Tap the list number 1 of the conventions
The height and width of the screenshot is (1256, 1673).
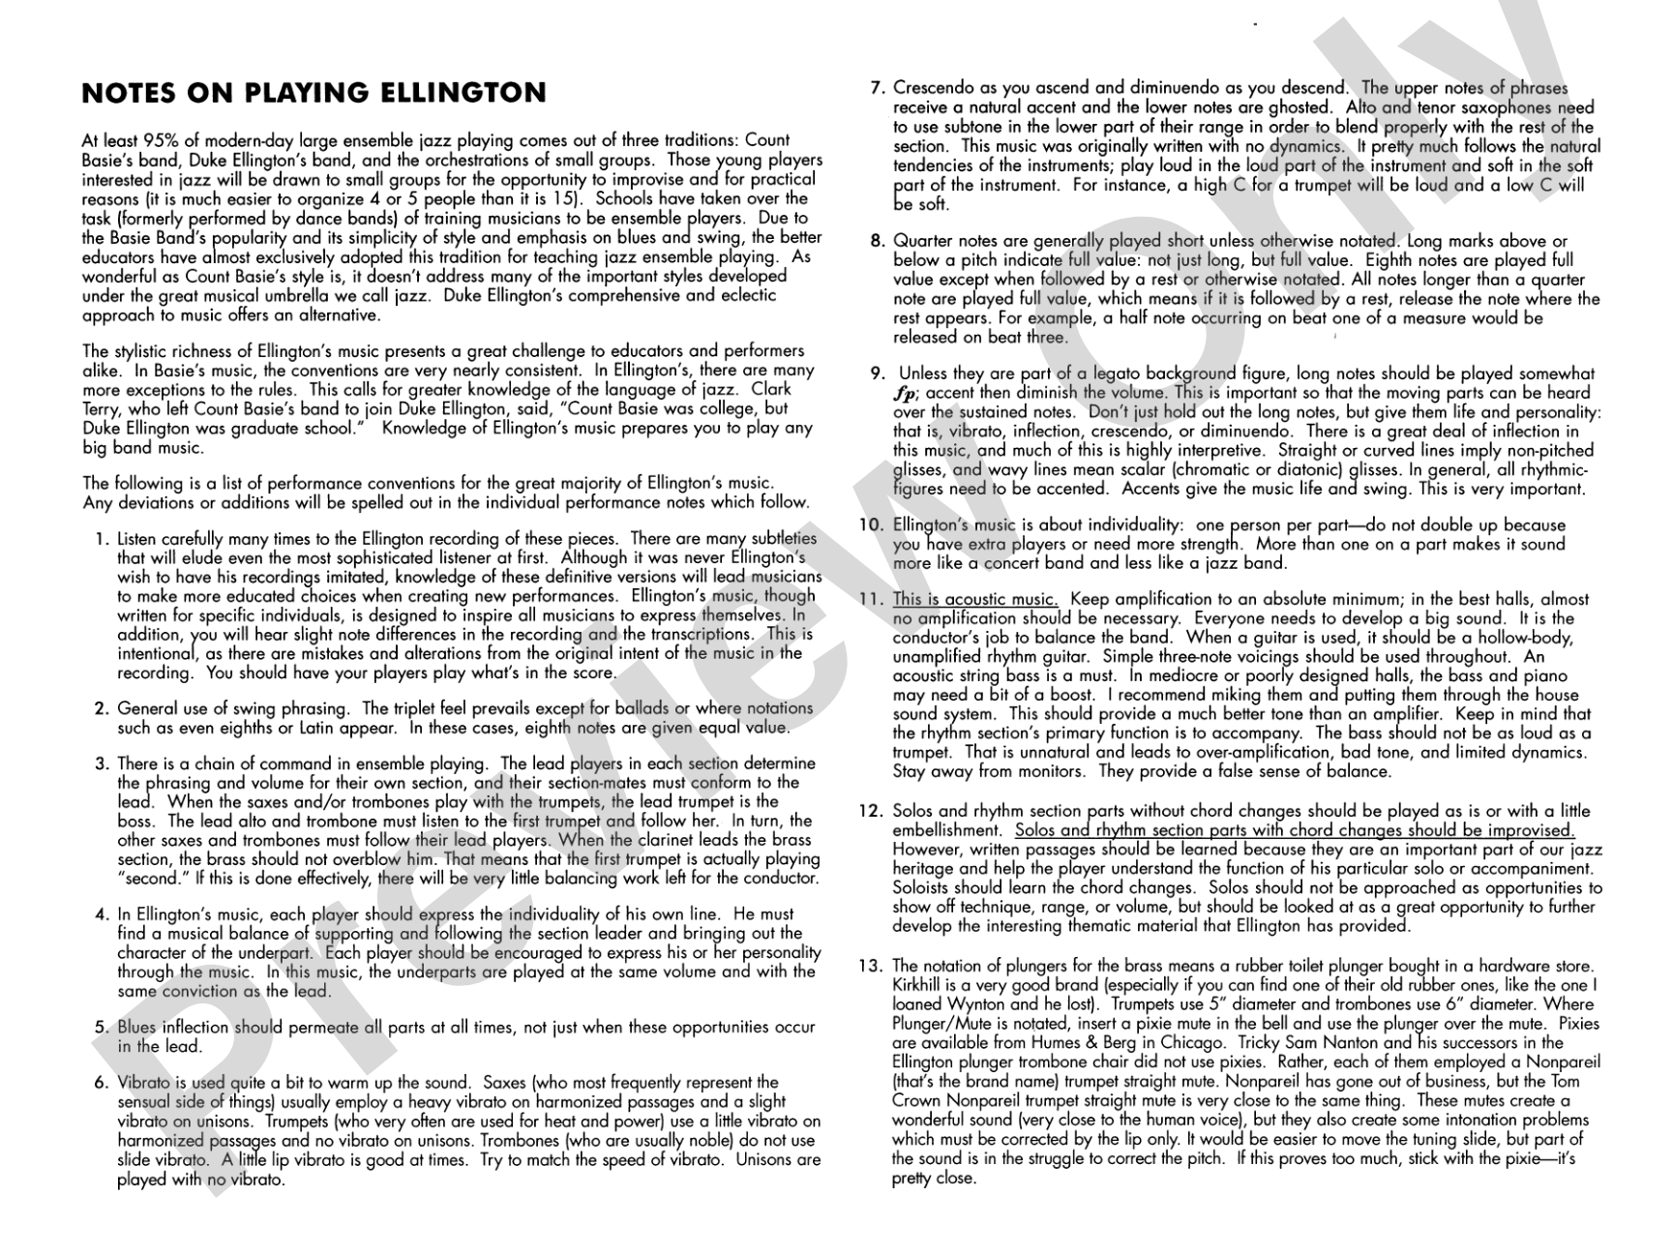(x=102, y=539)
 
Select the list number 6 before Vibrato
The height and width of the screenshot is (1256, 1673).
(x=101, y=1083)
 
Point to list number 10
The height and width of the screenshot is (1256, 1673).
(x=872, y=525)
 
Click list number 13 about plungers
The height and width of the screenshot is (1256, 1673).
(x=871, y=966)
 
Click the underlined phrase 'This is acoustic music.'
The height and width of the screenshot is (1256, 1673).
(x=975, y=600)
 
